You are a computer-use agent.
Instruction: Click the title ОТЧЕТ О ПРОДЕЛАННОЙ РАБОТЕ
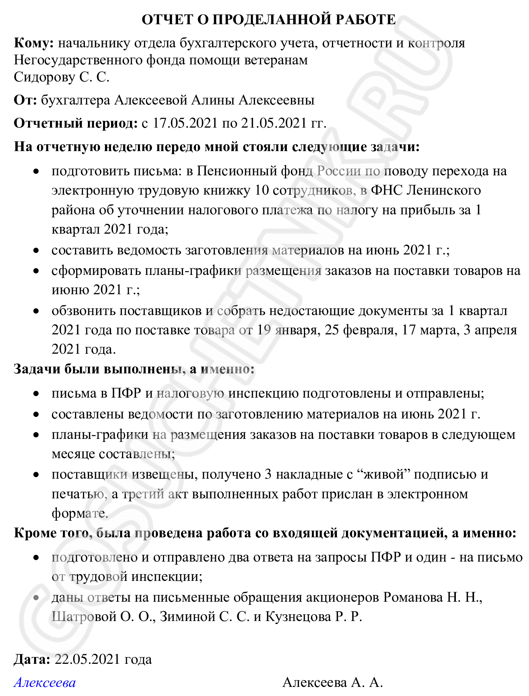[269, 19]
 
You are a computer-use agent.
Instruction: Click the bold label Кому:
[34, 43]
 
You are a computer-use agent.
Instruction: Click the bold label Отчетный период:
[75, 123]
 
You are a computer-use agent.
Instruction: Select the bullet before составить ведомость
[36, 251]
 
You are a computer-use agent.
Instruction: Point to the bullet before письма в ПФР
[36, 394]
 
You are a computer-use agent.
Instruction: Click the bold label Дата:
[32, 659]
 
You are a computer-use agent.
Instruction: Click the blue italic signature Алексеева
[45, 682]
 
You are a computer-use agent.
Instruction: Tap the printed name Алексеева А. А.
[332, 682]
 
